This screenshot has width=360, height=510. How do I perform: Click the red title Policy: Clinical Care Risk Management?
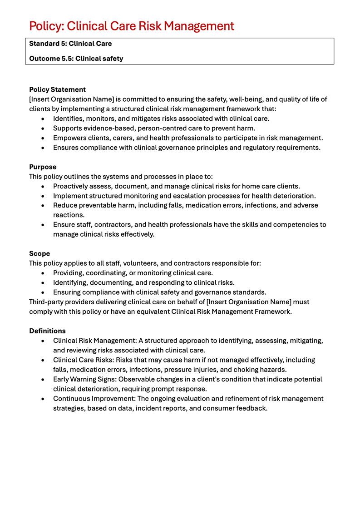(132, 26)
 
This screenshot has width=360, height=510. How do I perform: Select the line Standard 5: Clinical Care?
(70, 44)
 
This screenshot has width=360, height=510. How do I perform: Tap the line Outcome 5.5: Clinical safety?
(76, 58)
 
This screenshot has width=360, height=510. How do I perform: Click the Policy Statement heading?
(57, 89)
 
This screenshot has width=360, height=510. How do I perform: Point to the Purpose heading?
(43, 167)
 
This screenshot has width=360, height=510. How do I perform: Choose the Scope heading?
(39, 253)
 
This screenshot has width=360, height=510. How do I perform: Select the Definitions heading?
(47, 331)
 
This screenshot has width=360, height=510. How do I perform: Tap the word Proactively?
(72, 186)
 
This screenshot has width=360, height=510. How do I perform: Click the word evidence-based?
(106, 128)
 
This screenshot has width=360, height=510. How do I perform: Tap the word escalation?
(199, 196)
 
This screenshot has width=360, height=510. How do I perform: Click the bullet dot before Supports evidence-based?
(43, 128)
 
